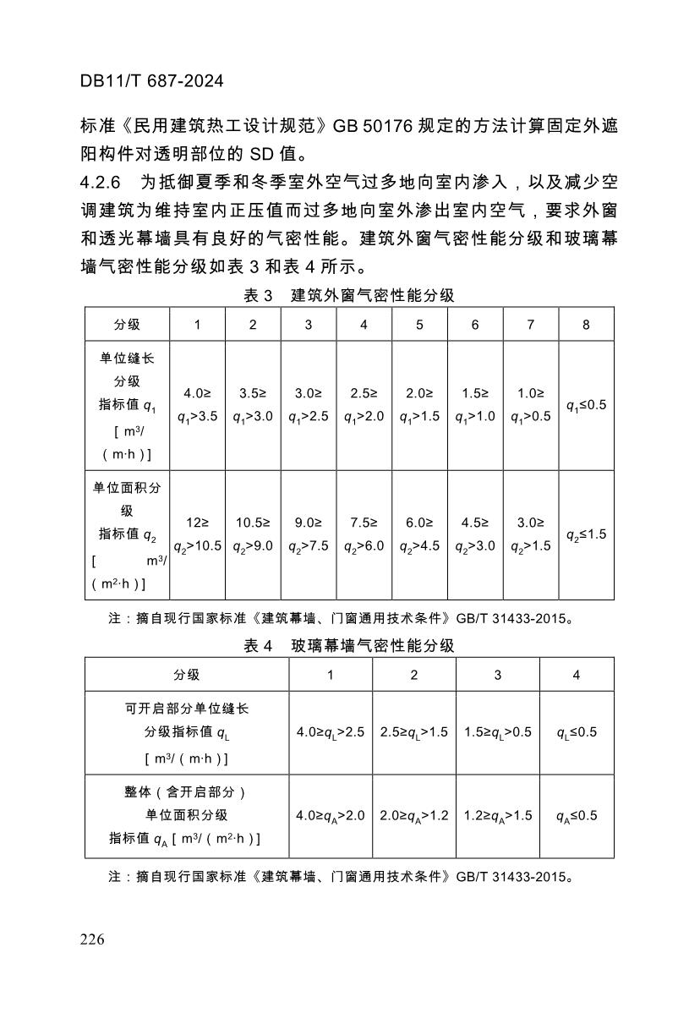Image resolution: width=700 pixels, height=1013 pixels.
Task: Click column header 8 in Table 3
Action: [586, 325]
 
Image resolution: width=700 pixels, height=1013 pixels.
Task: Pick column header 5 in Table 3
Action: [419, 325]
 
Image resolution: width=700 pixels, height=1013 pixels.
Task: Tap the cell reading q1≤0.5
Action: [586, 405]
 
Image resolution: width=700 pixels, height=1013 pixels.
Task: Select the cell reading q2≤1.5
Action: [586, 534]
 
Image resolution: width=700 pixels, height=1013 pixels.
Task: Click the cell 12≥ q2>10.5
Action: [197, 534]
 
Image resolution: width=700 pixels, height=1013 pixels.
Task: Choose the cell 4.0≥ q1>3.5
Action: [197, 405]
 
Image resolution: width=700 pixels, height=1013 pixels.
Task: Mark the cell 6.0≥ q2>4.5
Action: [419, 534]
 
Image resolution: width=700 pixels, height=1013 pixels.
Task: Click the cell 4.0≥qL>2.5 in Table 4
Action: [331, 732]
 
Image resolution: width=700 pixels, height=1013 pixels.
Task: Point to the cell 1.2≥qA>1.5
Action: [497, 816]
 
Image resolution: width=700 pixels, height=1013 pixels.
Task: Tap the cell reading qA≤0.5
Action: [577, 816]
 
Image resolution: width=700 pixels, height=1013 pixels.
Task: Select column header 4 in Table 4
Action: [577, 675]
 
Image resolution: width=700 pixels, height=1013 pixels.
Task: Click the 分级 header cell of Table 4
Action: [187, 675]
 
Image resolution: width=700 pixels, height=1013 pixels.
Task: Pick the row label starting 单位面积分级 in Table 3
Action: [126, 535]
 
